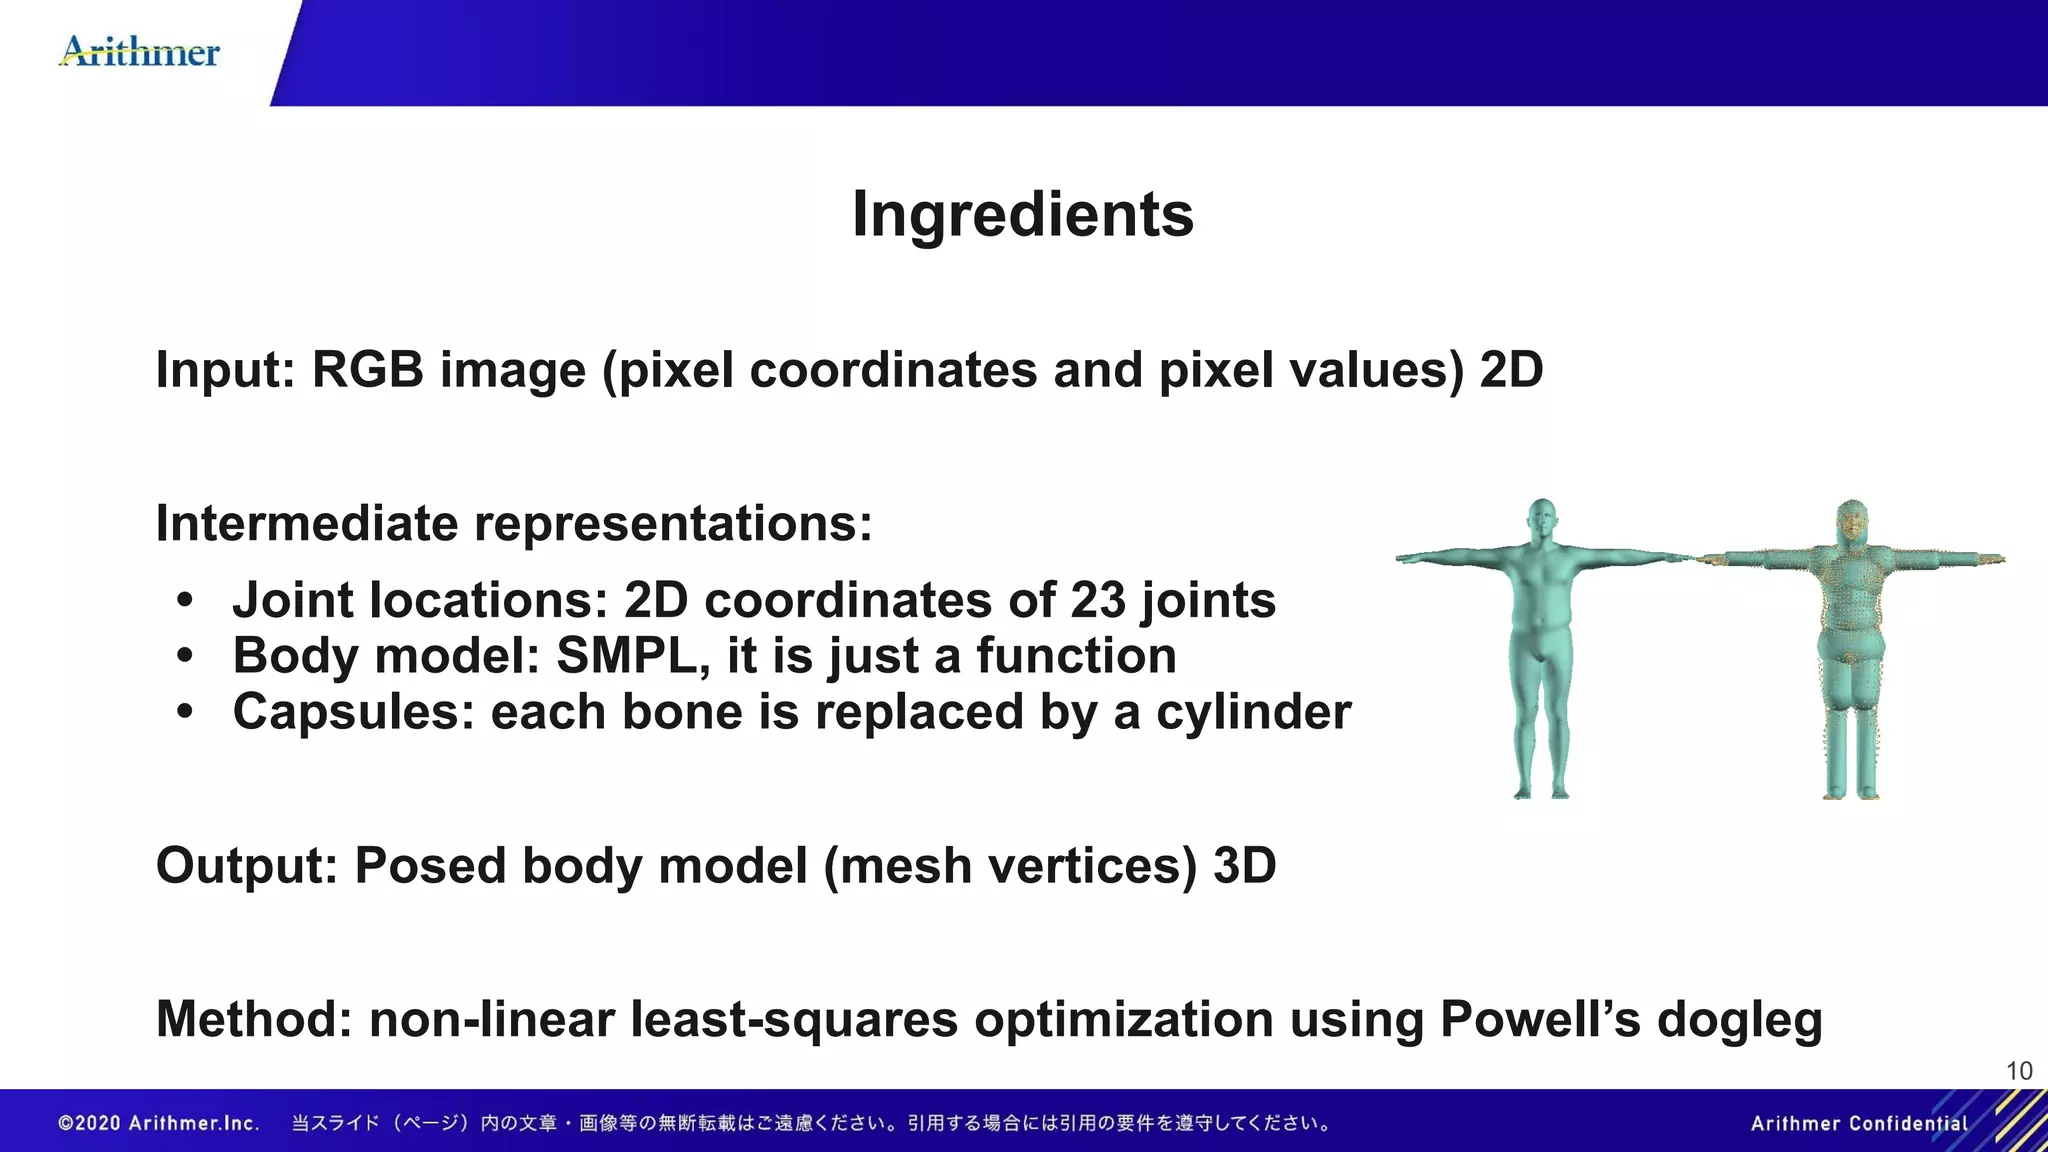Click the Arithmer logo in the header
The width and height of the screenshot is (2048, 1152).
(140, 52)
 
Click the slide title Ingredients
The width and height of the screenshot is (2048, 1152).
(1023, 214)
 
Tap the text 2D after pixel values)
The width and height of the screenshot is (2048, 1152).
(1511, 370)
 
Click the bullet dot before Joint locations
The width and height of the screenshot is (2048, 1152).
(184, 601)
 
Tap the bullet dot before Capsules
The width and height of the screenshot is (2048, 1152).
(184, 713)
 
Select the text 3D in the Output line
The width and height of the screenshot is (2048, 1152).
(1244, 866)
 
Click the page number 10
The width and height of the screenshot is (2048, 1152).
(2019, 1071)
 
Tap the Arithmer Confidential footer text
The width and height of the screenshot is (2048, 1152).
(1859, 1124)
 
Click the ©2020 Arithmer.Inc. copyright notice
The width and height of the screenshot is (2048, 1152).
(159, 1124)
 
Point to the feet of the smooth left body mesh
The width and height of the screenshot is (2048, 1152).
(1541, 791)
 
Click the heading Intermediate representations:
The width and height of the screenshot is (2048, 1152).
(514, 524)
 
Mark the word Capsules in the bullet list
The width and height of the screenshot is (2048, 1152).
(353, 713)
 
